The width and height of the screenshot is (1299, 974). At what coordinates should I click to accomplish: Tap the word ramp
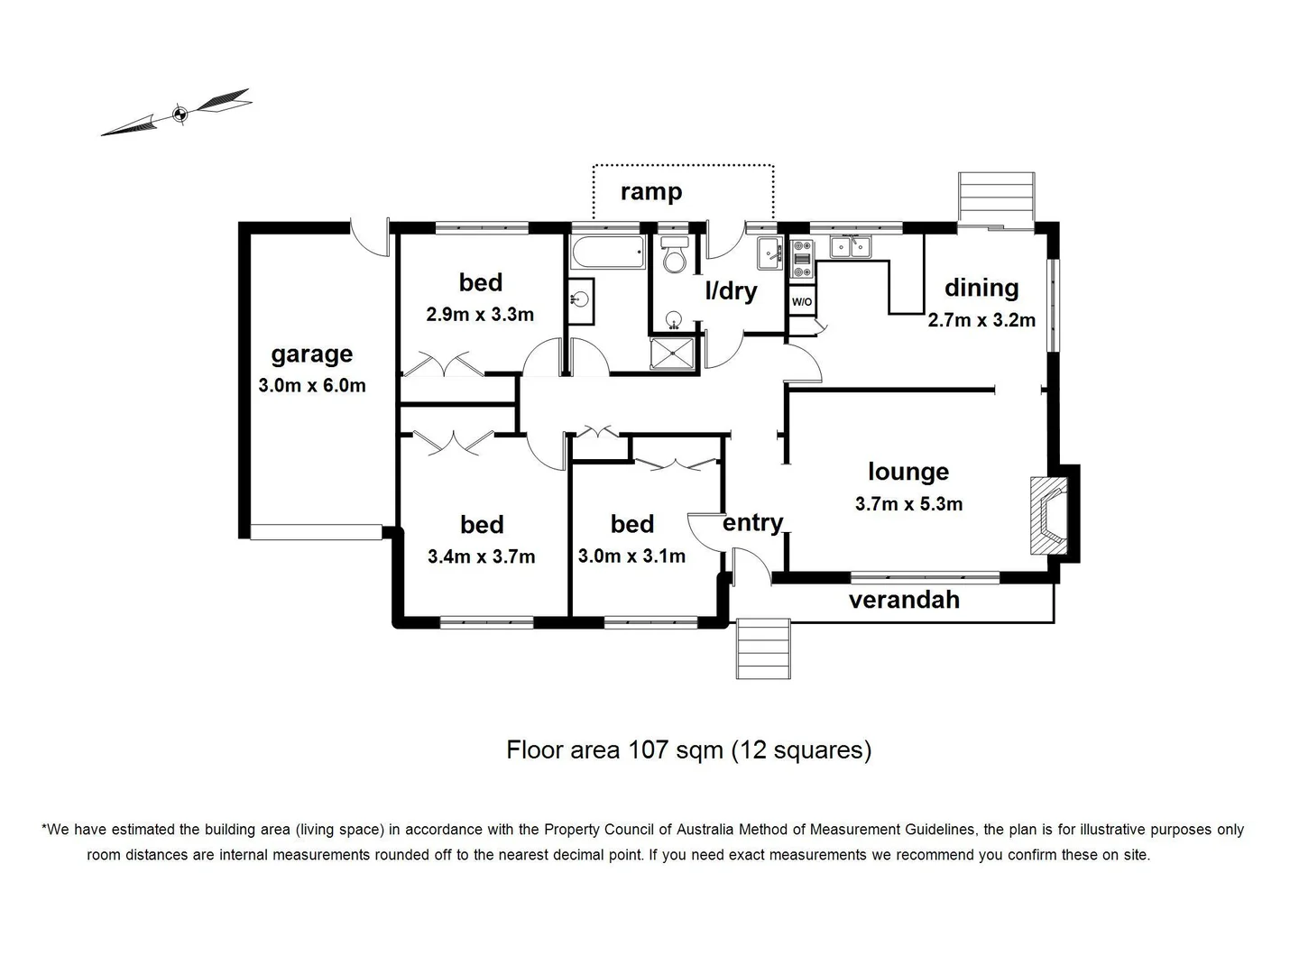(650, 191)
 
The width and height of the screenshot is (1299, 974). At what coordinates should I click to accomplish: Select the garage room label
(311, 354)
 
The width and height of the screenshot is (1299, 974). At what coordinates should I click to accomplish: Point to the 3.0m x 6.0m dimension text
(311, 386)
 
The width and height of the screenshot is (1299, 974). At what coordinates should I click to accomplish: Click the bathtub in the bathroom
(606, 253)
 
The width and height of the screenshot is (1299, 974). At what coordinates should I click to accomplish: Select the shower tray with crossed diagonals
(674, 354)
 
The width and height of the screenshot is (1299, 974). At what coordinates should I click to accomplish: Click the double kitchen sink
(849, 246)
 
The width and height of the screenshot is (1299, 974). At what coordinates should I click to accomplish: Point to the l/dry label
(731, 291)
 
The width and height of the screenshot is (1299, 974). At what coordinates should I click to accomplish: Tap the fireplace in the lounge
(1049, 516)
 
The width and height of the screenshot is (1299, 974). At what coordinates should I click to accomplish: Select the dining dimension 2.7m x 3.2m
(981, 320)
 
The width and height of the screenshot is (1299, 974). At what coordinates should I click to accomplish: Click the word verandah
(904, 600)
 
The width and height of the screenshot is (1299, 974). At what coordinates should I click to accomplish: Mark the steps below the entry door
(763, 648)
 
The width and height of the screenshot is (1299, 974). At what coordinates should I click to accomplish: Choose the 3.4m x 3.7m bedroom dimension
(481, 556)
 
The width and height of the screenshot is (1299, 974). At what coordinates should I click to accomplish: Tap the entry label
(752, 523)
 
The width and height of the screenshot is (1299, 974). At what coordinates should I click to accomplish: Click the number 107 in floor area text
(648, 750)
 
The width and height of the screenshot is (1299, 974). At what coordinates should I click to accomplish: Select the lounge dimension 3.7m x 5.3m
(908, 504)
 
